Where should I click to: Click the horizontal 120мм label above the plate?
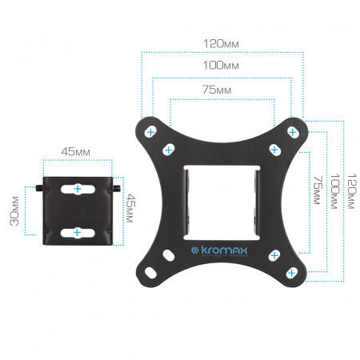(221, 44)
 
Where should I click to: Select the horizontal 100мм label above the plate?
(221, 65)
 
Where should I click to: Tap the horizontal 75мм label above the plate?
(217, 90)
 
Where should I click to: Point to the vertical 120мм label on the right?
(351, 191)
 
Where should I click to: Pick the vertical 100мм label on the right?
(334, 191)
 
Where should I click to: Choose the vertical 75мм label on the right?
(318, 190)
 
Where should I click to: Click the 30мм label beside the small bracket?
(14, 210)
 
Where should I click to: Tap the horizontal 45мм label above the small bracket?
(76, 152)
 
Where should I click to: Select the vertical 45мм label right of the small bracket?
(130, 208)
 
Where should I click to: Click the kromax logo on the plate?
(219, 251)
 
